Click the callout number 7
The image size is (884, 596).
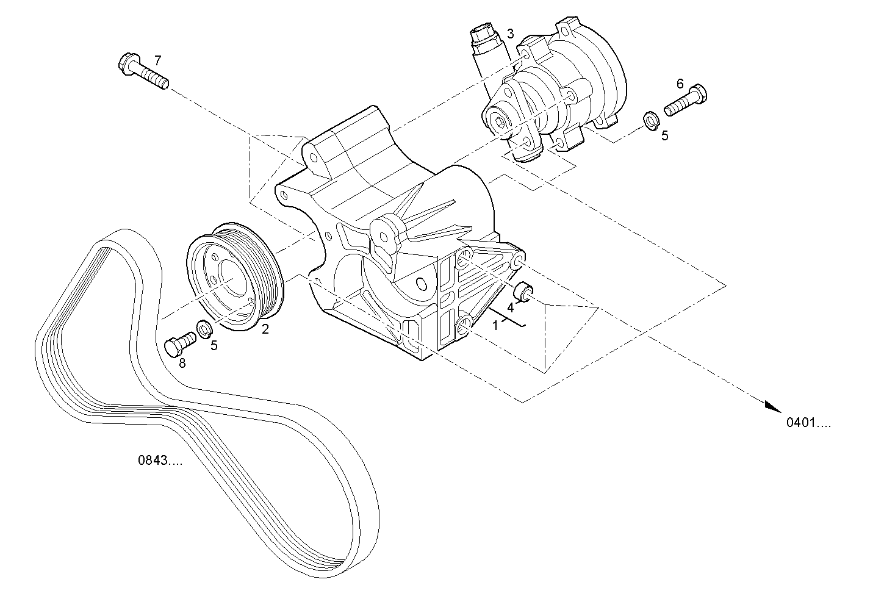tap(157, 60)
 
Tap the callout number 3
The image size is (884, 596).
tap(510, 33)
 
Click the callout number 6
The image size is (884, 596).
tap(680, 84)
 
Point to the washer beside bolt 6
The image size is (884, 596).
tap(651, 121)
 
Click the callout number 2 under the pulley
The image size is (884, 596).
tap(265, 329)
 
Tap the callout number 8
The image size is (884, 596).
tap(182, 363)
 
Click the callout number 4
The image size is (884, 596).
tap(510, 306)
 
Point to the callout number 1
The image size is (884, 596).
tap(495, 325)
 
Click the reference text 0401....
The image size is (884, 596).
tap(808, 423)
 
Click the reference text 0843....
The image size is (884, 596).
tap(160, 461)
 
